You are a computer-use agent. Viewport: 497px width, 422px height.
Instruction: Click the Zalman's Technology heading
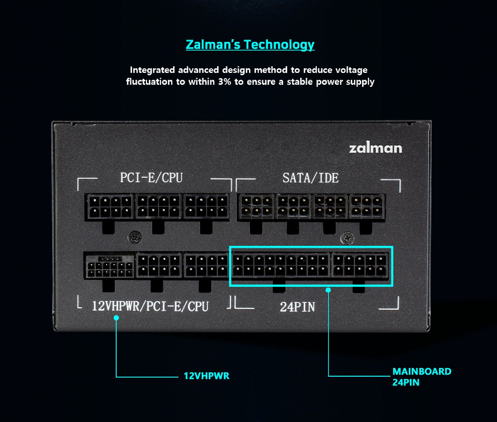(x=250, y=44)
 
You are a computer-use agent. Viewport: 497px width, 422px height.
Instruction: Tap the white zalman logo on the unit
(x=375, y=148)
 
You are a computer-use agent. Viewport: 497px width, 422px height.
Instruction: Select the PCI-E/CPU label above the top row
(x=151, y=178)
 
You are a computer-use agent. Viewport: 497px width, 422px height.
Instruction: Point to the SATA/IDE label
(x=310, y=178)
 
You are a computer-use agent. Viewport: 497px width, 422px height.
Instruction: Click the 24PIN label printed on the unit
(x=297, y=307)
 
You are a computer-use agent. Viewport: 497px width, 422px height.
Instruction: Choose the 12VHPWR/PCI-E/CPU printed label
(x=150, y=306)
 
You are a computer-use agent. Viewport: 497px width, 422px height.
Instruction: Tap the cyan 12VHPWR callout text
(x=207, y=376)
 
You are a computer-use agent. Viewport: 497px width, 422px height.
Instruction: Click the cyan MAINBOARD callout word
(x=422, y=371)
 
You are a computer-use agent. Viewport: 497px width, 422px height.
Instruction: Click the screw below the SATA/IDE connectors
(x=347, y=238)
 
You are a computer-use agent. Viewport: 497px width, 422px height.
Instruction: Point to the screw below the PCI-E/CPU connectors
(x=135, y=238)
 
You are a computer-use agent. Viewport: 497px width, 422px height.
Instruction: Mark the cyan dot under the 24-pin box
(x=328, y=290)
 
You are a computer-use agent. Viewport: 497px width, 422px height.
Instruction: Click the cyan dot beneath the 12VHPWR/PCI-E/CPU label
(x=116, y=318)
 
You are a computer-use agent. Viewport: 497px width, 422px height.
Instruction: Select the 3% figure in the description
(x=225, y=82)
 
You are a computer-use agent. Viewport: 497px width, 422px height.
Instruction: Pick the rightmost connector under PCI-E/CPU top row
(x=207, y=206)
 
